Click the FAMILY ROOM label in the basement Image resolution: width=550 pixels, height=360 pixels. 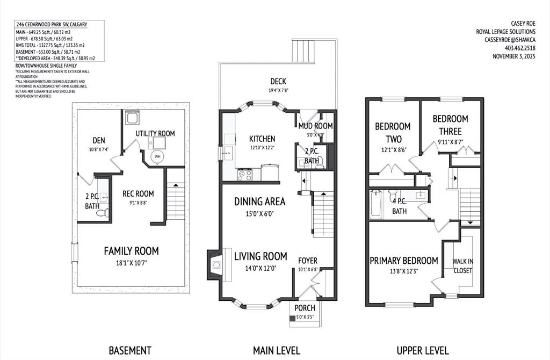(131, 251)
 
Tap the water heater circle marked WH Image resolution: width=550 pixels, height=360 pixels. (157, 157)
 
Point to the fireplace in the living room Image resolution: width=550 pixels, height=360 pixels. (215, 264)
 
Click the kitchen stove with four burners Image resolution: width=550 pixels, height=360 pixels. (245, 174)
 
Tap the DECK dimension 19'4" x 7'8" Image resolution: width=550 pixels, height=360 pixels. (278, 91)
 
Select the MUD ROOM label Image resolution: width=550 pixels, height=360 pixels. (315, 126)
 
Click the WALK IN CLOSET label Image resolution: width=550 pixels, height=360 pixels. (462, 265)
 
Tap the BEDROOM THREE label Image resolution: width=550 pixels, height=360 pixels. (450, 125)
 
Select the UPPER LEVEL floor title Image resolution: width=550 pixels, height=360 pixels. (422, 350)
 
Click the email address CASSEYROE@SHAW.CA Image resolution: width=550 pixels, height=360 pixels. (510, 40)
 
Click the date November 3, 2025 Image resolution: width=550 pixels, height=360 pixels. (514, 56)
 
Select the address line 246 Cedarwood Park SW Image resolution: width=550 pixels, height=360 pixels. (52, 25)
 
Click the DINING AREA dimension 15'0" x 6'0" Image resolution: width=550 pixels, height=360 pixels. (259, 213)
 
